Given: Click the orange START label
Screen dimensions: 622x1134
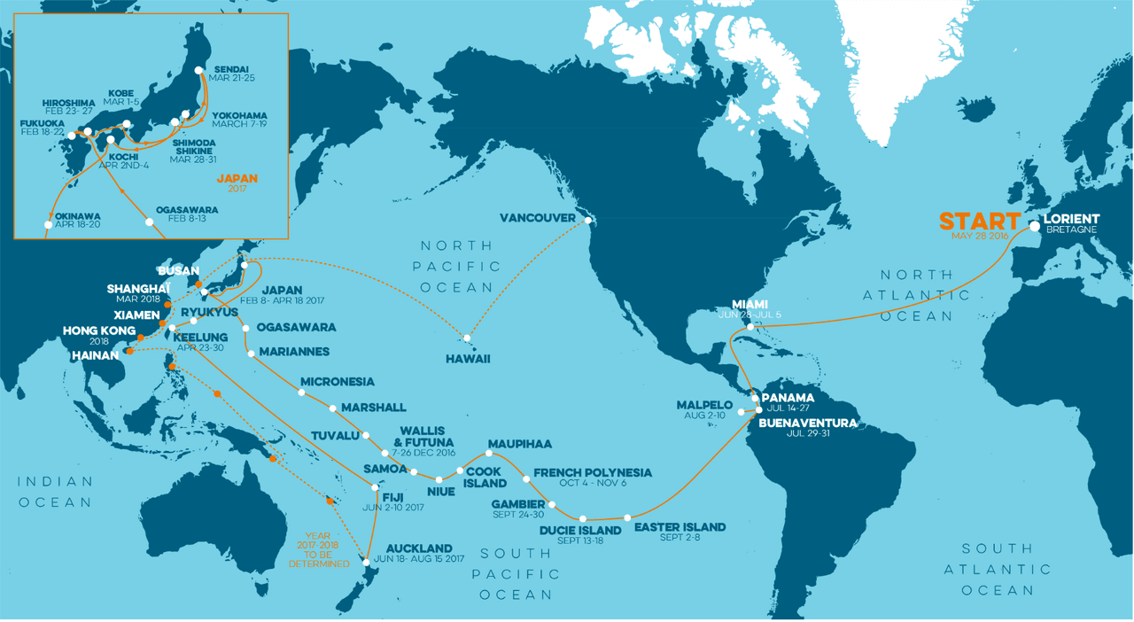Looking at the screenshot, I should pyautogui.click(x=979, y=221).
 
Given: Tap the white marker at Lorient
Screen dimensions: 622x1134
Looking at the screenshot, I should pyautogui.click(x=1034, y=226).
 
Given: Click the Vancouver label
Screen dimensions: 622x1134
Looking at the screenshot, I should pyautogui.click(x=537, y=217).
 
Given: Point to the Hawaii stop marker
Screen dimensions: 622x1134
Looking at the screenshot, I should pyautogui.click(x=466, y=338).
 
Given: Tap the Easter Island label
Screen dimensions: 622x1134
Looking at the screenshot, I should pyautogui.click(x=680, y=527).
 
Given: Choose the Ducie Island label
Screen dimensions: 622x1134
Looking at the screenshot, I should pyautogui.click(x=580, y=532).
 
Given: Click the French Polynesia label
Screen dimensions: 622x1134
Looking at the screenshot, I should pyautogui.click(x=593, y=472).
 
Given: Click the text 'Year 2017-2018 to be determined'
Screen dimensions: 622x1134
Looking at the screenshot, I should pyautogui.click(x=324, y=549).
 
